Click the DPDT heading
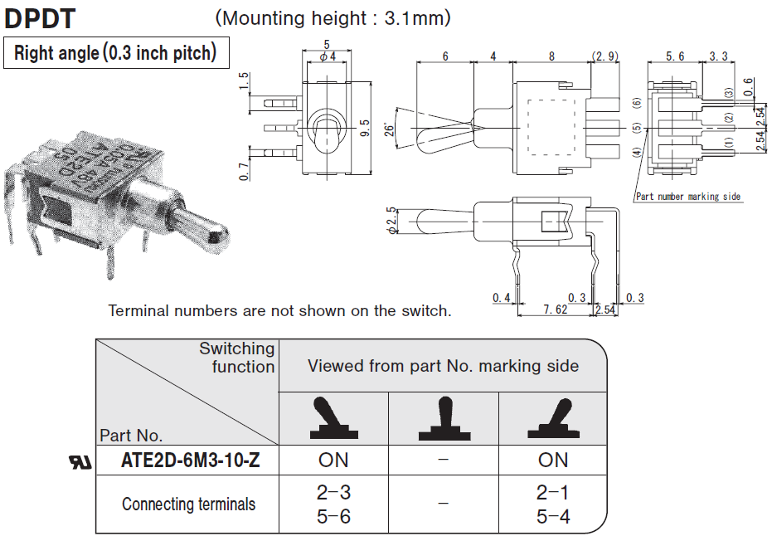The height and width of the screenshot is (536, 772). click(x=41, y=17)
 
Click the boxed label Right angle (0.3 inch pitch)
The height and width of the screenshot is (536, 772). click(x=115, y=54)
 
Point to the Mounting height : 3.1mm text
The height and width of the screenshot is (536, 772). click(x=333, y=17)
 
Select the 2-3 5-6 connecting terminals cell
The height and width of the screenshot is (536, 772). click(x=333, y=504)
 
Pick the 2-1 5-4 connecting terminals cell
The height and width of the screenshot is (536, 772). click(x=552, y=504)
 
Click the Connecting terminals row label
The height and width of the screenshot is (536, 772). click(x=188, y=504)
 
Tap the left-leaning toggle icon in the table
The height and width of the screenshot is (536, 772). click(x=333, y=419)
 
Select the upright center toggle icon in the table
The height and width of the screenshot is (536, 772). click(x=443, y=419)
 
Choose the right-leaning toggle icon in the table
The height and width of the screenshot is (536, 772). click(x=553, y=419)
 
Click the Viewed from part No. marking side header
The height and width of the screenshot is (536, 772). click(x=443, y=366)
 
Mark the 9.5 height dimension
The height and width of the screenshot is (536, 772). click(x=365, y=128)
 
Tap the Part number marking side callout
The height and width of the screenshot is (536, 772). click(x=687, y=197)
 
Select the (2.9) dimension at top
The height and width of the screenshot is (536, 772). click(x=604, y=56)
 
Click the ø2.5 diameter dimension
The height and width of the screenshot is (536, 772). click(x=391, y=222)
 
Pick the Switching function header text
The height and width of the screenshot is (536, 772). click(x=236, y=358)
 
